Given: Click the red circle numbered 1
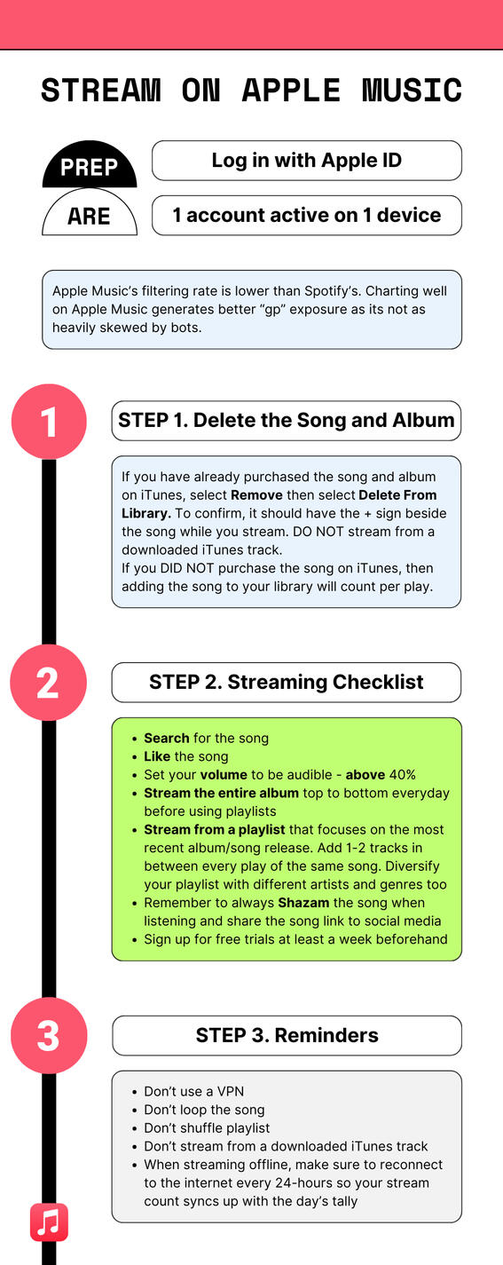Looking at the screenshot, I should point(48,421).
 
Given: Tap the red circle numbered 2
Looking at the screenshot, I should point(48,682).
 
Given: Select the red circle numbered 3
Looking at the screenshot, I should point(48,1035).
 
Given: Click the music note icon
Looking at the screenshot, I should point(49,1222).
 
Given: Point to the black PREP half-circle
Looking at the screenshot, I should point(90,168).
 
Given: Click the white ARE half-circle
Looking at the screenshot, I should point(90,216).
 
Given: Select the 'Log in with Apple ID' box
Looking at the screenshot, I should point(306,161).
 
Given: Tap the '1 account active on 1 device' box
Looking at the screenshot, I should point(306,215).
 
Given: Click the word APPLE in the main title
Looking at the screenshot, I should point(292,91).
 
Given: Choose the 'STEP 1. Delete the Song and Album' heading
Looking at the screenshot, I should point(286,420).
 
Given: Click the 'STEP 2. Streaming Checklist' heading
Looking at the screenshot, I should point(286,682).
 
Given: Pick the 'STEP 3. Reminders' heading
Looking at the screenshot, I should point(287,1035).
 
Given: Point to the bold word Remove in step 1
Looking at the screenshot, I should point(256,494).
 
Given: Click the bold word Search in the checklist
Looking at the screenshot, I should point(167,738).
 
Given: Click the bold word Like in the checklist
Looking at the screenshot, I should point(157,756).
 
